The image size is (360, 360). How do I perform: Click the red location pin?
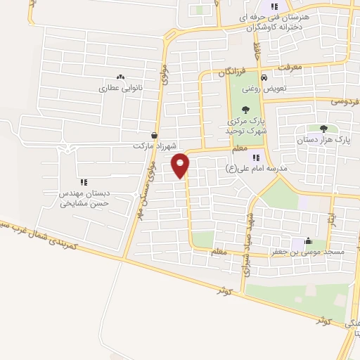181,165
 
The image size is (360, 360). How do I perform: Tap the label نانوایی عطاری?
120,89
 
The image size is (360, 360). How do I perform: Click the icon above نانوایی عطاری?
120,77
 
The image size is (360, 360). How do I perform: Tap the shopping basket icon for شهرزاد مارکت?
154,135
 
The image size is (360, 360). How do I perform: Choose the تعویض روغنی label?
262,89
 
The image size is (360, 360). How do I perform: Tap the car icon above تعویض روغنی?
263,77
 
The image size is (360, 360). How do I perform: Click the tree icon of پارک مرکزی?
245,109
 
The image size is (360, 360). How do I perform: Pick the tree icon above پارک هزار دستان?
323,128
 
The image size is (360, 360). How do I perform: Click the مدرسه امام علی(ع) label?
249,169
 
